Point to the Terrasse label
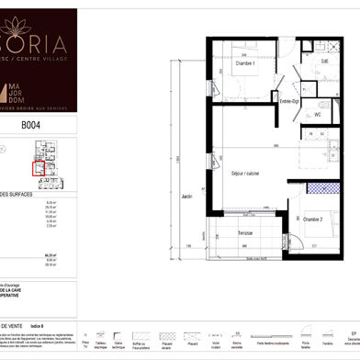coord(244,233)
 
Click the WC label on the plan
coord(317,115)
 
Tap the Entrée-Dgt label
coord(289,101)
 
